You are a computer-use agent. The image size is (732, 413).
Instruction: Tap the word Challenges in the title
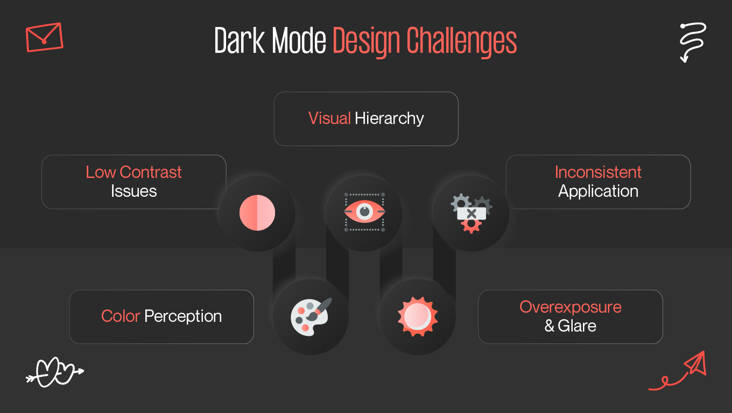pos(461,41)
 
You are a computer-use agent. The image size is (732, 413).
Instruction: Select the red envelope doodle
pos(44,37)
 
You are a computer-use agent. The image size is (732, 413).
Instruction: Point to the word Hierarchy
pos(389,119)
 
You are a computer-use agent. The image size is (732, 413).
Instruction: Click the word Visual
pos(329,119)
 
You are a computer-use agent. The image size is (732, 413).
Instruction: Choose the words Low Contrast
pos(133,172)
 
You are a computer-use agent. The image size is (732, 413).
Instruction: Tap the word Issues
pos(133,191)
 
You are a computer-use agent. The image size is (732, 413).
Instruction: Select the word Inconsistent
pos(598,172)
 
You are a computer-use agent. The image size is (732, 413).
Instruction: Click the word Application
pos(598,191)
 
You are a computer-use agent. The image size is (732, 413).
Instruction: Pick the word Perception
pos(183,316)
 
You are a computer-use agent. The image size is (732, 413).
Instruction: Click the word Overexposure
pos(570,307)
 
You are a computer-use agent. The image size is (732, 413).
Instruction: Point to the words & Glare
pos(570,326)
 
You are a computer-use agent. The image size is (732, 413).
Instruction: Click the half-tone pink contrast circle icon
pos(257,213)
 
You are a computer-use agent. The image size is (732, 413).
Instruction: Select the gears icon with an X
pos(471,214)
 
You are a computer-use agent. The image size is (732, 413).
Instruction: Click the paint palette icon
pos(311,316)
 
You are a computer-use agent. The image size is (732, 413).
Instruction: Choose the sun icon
pos(418,316)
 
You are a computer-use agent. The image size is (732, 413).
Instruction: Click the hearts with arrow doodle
pos(54,372)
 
